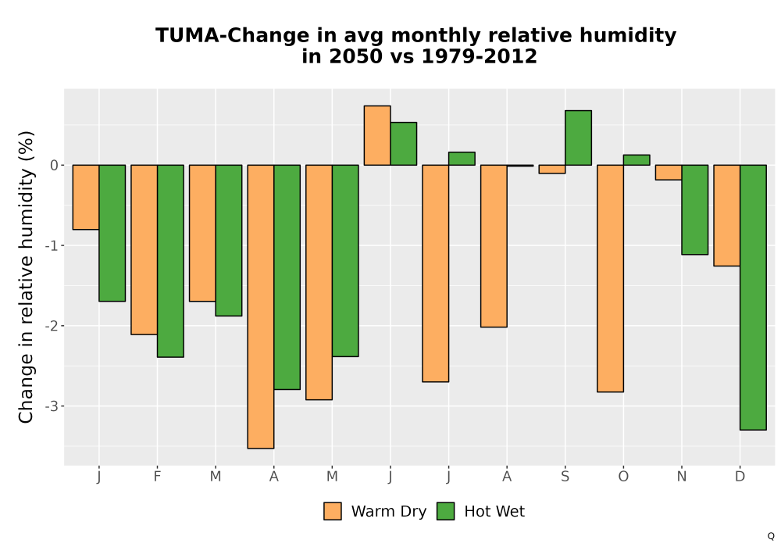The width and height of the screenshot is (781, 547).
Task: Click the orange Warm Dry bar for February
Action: coord(144,249)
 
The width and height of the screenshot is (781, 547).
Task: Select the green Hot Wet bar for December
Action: coord(753,298)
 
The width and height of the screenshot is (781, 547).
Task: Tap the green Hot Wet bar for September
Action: coord(578,138)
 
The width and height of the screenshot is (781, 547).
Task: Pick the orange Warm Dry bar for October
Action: coord(610,278)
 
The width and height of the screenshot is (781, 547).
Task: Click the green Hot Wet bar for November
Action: coord(695,209)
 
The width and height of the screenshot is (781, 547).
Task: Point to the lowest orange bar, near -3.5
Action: coord(261,306)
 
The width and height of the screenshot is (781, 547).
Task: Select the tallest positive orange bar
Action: coord(377,135)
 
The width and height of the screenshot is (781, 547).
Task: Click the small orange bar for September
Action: coord(552,169)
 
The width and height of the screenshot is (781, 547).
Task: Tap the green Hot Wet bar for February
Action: coord(170,261)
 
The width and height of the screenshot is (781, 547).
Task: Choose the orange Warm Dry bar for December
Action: coord(726,215)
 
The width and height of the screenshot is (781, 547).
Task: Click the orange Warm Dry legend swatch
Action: coord(333,511)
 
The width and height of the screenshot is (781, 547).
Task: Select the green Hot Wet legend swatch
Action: coord(446,511)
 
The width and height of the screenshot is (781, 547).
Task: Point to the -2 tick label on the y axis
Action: coord(52,326)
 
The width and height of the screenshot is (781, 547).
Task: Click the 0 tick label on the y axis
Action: coord(55,165)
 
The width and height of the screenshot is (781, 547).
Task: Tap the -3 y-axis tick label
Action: coord(52,406)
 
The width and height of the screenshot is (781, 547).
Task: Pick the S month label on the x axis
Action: coord(565,477)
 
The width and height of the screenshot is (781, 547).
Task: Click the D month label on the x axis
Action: coord(740,477)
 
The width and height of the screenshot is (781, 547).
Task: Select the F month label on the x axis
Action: coord(158,477)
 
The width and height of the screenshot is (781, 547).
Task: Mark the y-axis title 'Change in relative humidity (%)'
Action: coord(26,277)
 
